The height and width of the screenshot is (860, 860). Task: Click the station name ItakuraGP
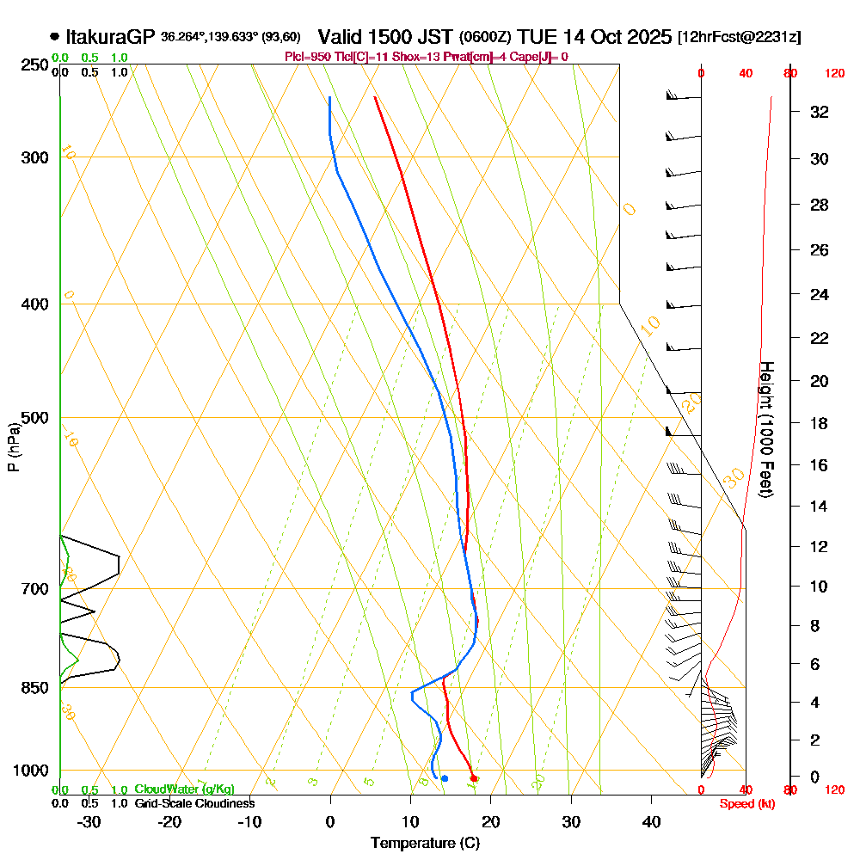[110, 37]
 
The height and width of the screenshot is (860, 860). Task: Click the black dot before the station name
[55, 37]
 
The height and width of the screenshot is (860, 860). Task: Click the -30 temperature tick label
[89, 822]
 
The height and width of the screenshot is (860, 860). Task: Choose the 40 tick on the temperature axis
[652, 822]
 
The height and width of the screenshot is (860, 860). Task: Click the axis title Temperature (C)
[425, 844]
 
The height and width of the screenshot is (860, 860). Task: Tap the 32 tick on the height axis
[820, 112]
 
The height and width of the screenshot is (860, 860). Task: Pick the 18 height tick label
[820, 423]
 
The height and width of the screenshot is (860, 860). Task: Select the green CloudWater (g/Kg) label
[184, 789]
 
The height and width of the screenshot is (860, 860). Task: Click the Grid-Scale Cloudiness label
[194, 803]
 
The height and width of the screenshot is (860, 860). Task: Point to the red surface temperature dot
[475, 778]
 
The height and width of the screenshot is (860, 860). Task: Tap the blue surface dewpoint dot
[444, 778]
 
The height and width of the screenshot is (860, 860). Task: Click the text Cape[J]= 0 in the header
[542, 57]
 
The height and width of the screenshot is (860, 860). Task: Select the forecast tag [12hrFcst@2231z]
[739, 38]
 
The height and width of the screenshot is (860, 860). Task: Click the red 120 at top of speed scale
[833, 74]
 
